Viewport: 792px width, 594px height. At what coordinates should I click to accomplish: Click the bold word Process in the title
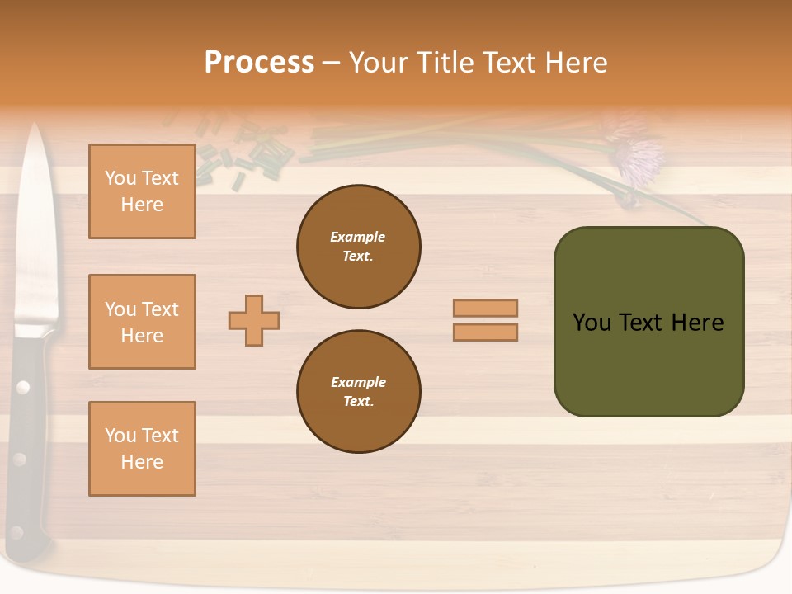259,63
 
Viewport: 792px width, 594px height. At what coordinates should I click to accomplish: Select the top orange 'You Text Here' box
142,191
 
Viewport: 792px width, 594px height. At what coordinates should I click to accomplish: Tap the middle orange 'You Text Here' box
142,322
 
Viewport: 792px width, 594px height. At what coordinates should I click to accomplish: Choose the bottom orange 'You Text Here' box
142,449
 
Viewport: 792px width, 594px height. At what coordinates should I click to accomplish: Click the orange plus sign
254,320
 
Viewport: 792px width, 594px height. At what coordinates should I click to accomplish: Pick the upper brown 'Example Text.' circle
359,247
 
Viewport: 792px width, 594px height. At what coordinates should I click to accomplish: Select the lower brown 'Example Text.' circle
359,392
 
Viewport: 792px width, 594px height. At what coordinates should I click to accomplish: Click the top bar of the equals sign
485,308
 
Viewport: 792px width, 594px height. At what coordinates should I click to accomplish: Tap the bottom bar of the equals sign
485,332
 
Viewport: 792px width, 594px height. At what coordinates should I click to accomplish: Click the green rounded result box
648,322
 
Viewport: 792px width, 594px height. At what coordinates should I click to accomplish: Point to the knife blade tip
35,129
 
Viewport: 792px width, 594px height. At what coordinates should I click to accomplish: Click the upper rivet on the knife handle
23,387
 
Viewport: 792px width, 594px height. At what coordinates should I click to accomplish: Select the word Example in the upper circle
357,237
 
